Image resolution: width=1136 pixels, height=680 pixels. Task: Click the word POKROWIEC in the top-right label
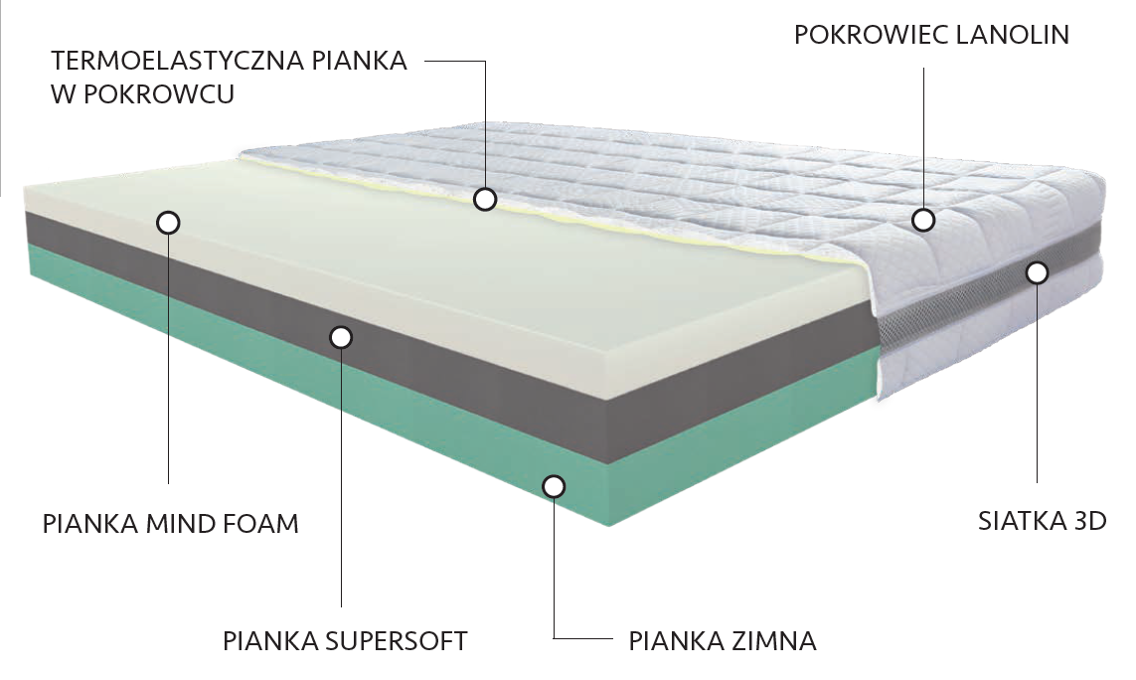click(871, 35)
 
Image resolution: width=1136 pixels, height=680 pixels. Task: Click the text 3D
click(1089, 521)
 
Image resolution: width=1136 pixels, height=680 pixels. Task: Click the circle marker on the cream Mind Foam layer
click(169, 222)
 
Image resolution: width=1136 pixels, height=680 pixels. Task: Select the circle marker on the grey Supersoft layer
click(341, 338)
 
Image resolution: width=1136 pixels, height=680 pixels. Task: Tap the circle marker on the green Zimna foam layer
click(554, 486)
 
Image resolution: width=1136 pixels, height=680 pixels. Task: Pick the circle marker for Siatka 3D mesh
click(1037, 271)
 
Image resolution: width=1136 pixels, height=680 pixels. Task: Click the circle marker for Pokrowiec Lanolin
click(923, 221)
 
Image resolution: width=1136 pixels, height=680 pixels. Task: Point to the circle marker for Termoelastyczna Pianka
click(485, 200)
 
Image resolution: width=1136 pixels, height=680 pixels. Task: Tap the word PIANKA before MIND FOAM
click(85, 523)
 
